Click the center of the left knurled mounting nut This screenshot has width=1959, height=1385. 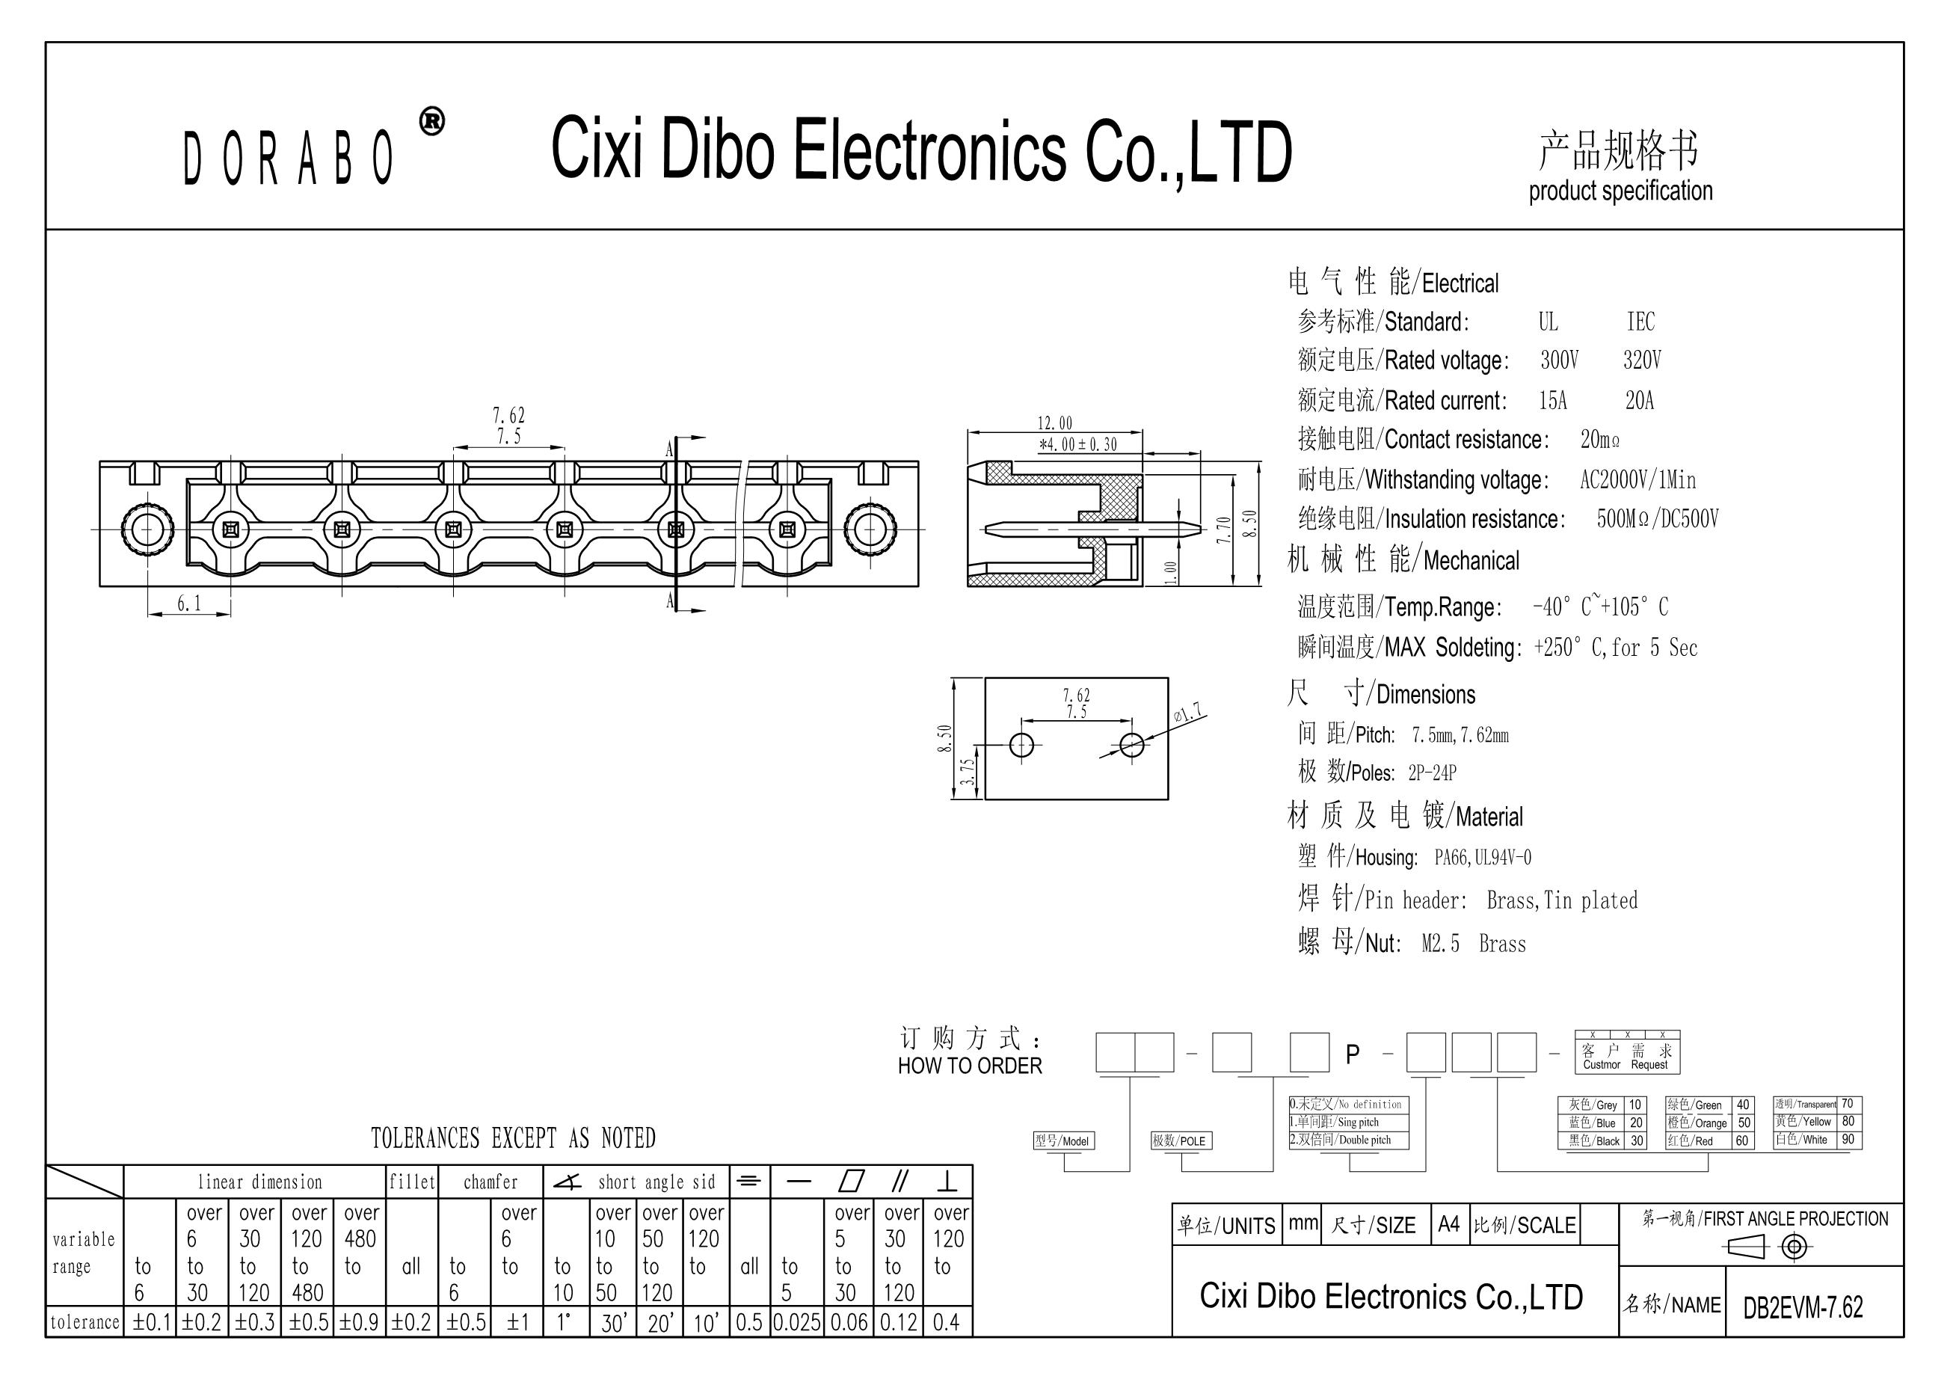pyautogui.click(x=147, y=530)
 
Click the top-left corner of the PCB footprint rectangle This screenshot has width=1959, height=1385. pyautogui.click(x=985, y=678)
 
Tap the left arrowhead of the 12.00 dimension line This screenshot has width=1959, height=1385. pyautogui.click(x=968, y=433)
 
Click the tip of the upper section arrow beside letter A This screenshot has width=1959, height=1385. pyautogui.click(x=706, y=437)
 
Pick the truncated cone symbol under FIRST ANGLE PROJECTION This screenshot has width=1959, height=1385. pyautogui.click(x=1746, y=1247)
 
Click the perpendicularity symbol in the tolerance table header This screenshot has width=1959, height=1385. pyautogui.click(x=947, y=1182)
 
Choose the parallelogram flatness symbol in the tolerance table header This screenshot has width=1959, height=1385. pyautogui.click(x=852, y=1181)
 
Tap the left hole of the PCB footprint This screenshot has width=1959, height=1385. pyautogui.click(x=1021, y=745)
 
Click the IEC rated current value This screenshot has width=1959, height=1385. pyautogui.click(x=1639, y=400)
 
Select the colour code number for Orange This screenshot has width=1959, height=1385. pyautogui.click(x=1744, y=1123)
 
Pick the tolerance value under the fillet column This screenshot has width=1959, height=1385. pyautogui.click(x=411, y=1323)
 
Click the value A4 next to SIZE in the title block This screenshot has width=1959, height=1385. pyautogui.click(x=1449, y=1224)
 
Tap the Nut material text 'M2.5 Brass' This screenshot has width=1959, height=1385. pyautogui.click(x=1474, y=944)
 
